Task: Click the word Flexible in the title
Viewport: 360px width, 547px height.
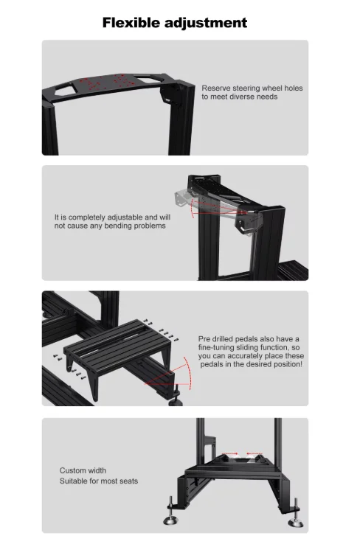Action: (x=131, y=23)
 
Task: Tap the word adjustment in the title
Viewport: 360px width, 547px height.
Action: (x=206, y=23)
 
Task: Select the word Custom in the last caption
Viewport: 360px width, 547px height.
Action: (x=71, y=470)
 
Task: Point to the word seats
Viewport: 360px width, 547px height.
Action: (x=129, y=481)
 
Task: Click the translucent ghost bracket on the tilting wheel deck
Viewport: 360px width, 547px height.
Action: (x=182, y=199)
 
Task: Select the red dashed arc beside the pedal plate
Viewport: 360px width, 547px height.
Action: (x=188, y=373)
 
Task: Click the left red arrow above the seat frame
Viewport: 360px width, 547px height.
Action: (x=229, y=454)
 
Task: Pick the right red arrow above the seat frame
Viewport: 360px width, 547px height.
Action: (x=255, y=454)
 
